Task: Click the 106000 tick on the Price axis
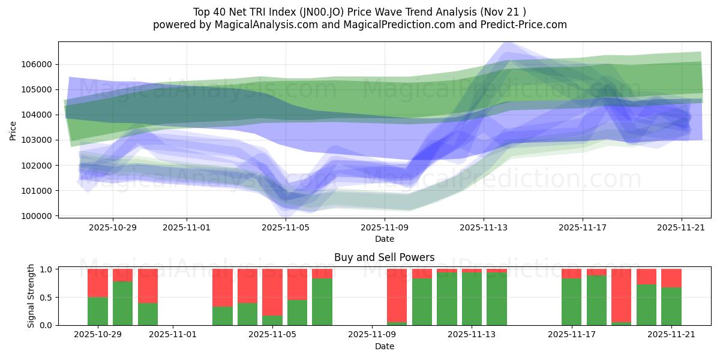[37, 64]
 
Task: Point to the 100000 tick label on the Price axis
[37, 215]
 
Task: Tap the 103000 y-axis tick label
[37, 140]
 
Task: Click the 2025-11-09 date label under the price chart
[384, 228]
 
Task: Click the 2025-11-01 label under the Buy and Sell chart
[173, 335]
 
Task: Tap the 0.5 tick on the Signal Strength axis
[46, 297]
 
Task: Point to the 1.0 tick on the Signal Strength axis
[46, 269]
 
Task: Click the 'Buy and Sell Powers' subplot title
[384, 258]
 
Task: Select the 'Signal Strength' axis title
[31, 296]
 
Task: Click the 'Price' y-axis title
[13, 131]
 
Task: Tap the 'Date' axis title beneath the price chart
[384, 239]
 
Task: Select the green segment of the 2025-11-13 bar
[472, 299]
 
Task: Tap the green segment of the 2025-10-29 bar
[98, 311]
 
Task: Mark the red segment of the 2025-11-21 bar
[671, 278]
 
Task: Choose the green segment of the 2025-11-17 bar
[571, 301]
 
